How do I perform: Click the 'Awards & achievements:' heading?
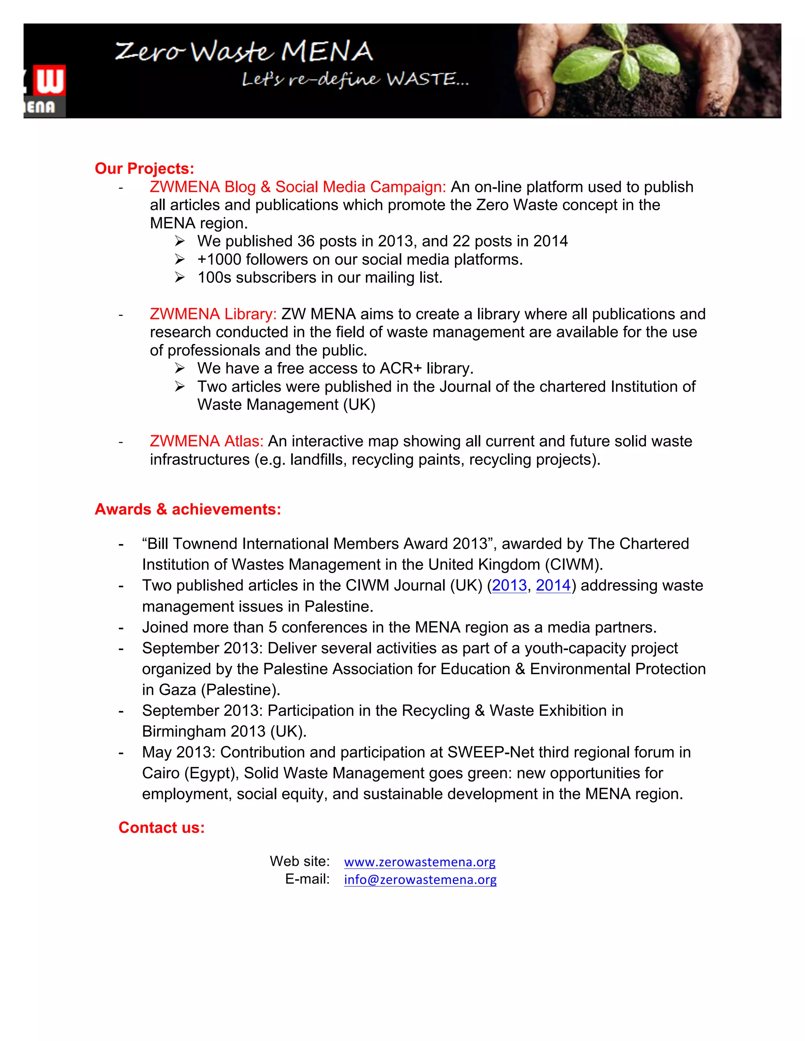point(188,509)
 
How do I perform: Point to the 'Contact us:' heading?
point(161,827)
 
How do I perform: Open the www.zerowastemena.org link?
point(420,862)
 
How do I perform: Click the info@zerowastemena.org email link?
point(420,880)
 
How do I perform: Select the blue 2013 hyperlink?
point(509,585)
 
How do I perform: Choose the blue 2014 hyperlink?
point(553,585)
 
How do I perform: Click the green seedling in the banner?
point(620,62)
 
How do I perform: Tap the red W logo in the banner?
point(50,81)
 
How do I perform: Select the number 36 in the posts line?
point(306,241)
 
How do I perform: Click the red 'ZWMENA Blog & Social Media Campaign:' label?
point(298,187)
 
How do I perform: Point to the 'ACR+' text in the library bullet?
point(401,368)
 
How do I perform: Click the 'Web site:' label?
point(300,861)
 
